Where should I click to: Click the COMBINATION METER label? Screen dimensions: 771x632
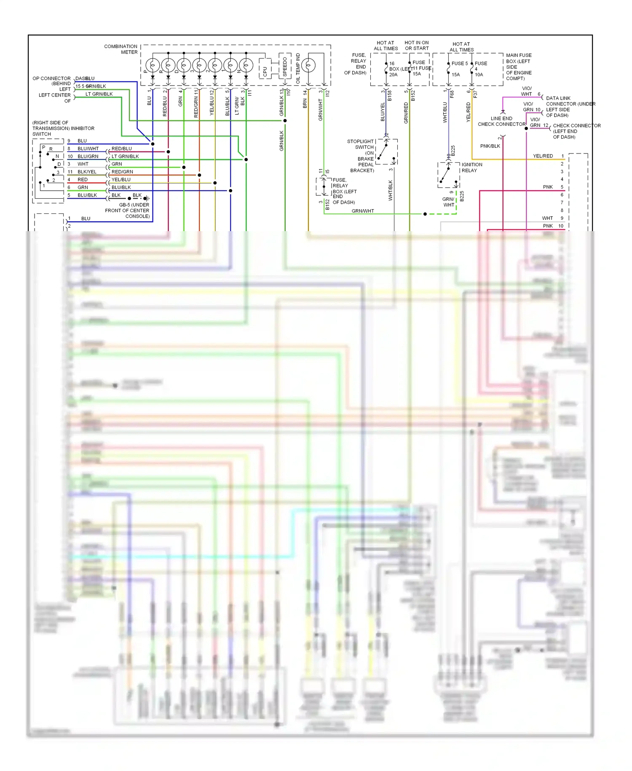[x=121, y=49]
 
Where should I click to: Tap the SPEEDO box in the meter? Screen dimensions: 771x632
[x=285, y=66]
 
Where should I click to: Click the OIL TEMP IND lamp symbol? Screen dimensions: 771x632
[x=308, y=65]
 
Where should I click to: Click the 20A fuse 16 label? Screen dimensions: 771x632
[x=393, y=69]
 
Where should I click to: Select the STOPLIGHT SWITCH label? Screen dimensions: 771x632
[x=361, y=144]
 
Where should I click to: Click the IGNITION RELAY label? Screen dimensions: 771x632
[x=471, y=167]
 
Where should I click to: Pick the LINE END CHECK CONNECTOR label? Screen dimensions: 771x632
[x=501, y=121]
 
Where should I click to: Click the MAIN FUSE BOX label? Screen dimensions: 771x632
[x=519, y=67]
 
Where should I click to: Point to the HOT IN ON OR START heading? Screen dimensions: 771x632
[x=416, y=45]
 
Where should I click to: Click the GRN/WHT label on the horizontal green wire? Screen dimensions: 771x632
[x=363, y=211]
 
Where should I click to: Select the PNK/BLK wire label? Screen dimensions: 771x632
[x=490, y=146]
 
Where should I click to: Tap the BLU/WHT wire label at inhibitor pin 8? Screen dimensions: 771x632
[x=88, y=149]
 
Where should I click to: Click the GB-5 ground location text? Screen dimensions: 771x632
[x=134, y=210]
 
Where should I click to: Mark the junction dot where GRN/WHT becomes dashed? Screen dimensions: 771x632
[x=425, y=214]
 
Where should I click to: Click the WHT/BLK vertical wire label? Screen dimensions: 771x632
[x=390, y=190]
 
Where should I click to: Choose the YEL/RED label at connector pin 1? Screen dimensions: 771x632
[x=543, y=156]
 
